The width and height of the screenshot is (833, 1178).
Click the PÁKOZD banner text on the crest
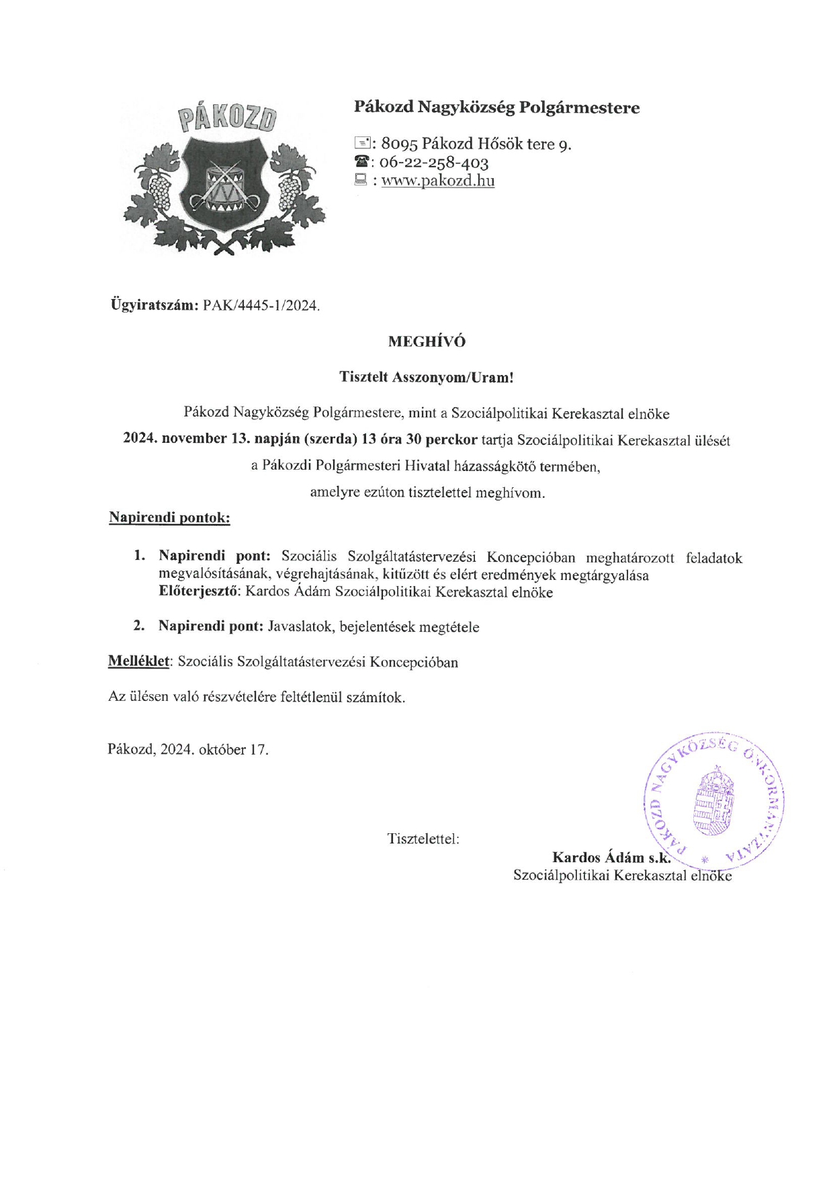pos(228,118)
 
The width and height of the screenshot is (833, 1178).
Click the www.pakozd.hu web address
pos(438,180)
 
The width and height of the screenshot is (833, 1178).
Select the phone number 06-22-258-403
pos(434,162)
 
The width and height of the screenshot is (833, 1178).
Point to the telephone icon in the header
pos(361,162)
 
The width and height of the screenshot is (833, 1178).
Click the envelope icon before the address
pos(361,142)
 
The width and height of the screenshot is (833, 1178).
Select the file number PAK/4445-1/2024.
pos(261,306)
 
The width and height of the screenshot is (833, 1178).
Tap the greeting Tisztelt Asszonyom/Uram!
pos(427,377)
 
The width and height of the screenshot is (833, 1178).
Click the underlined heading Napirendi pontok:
pos(169,517)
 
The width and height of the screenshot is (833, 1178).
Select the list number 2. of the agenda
pos(139,626)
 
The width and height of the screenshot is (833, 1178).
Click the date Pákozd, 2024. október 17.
pos(188,749)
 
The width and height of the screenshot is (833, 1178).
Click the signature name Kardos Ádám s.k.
pos(611,857)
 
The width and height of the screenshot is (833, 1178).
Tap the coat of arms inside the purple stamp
pos(713,802)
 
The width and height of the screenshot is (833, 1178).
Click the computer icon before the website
pos(361,179)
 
